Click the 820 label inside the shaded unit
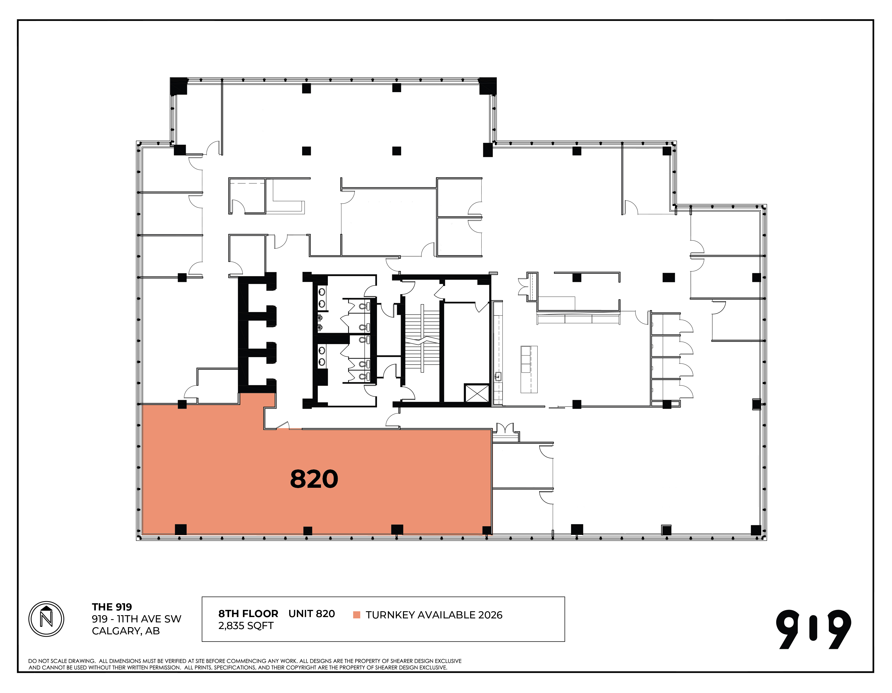point(314,479)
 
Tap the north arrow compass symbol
point(46,619)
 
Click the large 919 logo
point(814,629)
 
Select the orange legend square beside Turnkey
point(357,615)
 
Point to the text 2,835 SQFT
point(246,626)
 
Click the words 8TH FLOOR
point(248,614)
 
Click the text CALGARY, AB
point(126,631)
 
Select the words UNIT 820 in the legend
point(312,614)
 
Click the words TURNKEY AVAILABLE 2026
point(434,615)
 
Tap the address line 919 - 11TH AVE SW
point(136,619)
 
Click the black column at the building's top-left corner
point(178,86)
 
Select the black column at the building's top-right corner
point(488,85)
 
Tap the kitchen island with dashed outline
point(529,369)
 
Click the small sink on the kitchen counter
point(498,377)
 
